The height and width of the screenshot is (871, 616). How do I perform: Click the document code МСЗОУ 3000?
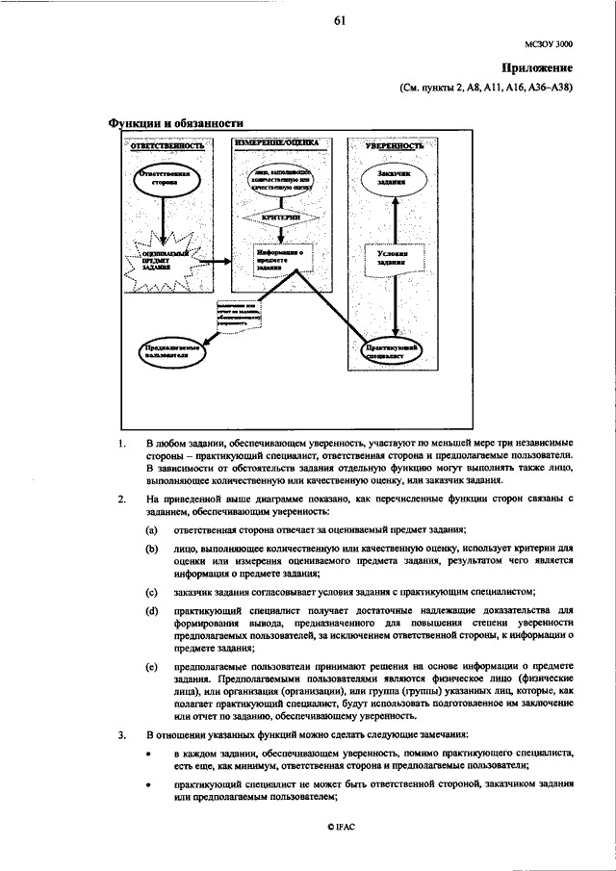coord(552,44)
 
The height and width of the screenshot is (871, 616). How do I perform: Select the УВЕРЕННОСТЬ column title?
coord(394,145)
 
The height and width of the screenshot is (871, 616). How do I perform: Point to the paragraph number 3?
coord(121,735)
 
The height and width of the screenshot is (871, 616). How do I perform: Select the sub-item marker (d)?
coord(151,611)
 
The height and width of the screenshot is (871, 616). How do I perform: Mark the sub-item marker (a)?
coord(151,530)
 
